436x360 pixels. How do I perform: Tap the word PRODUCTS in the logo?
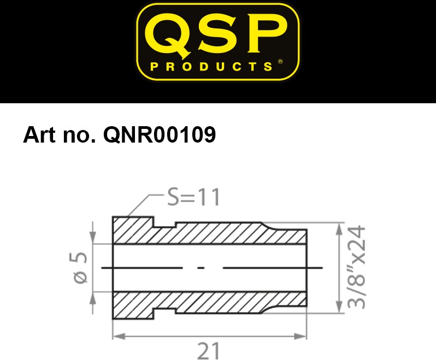coord(211,67)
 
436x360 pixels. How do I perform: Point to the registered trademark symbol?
coord(280,61)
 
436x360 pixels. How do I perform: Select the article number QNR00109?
coord(160,135)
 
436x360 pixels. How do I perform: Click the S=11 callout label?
coord(193,197)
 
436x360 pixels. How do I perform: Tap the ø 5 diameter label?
coord(79,268)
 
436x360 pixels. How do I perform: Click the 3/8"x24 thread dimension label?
coord(356,267)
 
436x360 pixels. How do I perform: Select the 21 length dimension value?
coord(208,351)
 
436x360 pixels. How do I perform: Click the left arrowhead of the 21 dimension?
coord(119,337)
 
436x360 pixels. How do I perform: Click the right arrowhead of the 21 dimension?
coord(300,337)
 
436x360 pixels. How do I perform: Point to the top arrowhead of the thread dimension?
coord(339,229)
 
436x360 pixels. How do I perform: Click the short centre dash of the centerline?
coord(201,268)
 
